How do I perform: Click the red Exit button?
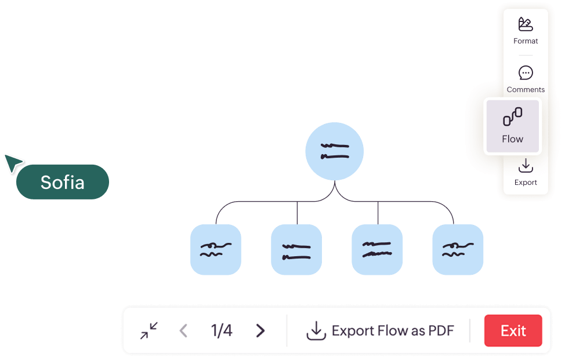pos(513,331)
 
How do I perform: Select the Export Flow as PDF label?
pos(393,331)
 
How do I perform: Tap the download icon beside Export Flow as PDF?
pos(316,331)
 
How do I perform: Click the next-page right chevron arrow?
pos(260,331)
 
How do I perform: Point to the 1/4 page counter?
pos(222,331)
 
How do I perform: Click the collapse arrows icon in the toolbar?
pos(149,331)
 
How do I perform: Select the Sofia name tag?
pos(63,182)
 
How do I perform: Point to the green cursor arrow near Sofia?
pos(12,162)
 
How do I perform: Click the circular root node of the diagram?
pos(335,151)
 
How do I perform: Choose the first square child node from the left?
pos(216,250)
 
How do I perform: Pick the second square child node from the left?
pos(296,250)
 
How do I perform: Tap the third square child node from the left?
pos(377,250)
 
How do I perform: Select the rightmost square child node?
pos(458,250)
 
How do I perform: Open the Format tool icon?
pos(526,24)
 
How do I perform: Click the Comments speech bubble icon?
pos(526,73)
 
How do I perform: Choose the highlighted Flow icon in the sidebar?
pos(513,117)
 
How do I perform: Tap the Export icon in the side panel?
pos(526,166)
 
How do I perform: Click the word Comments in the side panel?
pos(526,90)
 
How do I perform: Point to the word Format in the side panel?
pos(526,41)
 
